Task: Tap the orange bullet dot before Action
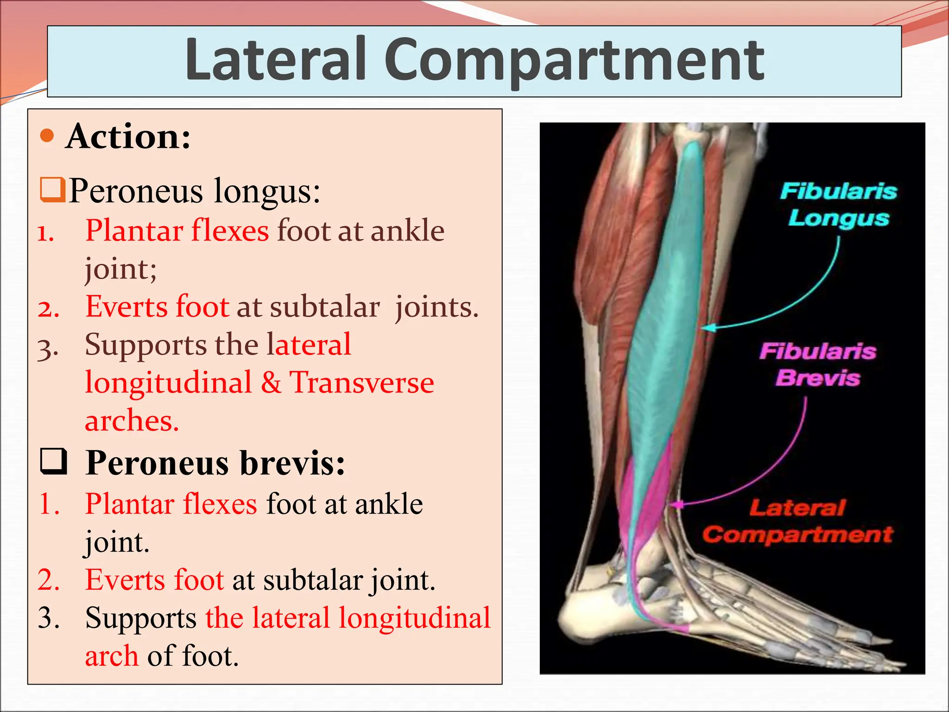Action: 47,136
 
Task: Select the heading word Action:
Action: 128,137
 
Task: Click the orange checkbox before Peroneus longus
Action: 52,190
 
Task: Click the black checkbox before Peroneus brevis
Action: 53,462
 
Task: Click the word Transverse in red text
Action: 362,382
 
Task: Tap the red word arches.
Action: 132,421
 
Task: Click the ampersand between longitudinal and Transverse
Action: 271,383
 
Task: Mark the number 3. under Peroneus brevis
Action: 49,618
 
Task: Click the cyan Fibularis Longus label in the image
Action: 839,204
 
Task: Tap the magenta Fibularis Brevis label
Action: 818,365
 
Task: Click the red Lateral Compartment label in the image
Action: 797,521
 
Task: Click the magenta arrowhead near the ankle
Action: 678,504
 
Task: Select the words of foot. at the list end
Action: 193,656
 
